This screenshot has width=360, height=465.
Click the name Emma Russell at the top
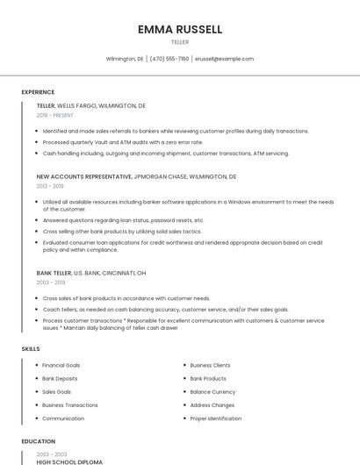180,29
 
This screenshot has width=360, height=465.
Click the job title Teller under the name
180,42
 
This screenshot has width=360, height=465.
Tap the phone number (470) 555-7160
169,59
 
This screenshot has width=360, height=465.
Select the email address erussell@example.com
224,59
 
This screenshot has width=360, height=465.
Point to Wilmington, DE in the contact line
125,59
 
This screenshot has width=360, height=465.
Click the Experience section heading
38,92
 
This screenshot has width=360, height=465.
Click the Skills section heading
31,349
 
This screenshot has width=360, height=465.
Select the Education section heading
39,441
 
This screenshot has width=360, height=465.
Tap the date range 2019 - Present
54,115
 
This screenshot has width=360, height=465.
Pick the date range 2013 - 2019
49,186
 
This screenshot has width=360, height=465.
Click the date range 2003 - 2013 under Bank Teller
51,283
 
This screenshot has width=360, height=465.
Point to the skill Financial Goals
61,365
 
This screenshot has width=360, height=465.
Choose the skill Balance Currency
212,391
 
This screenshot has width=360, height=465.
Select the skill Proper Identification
215,418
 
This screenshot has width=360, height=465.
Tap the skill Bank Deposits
60,378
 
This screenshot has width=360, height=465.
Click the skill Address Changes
212,405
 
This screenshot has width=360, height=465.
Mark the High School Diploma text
69,461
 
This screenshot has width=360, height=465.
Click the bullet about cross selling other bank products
122,232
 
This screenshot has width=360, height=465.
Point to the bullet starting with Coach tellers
165,310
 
